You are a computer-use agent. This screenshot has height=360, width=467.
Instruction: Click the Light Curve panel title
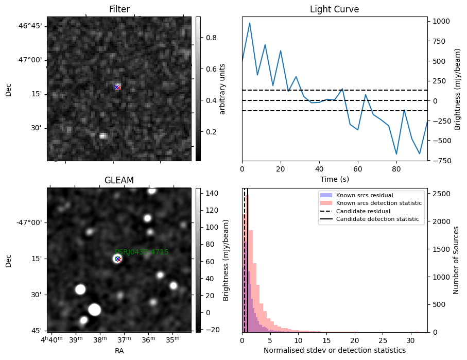tap(334, 9)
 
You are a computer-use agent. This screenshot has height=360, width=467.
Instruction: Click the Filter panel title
tap(119, 9)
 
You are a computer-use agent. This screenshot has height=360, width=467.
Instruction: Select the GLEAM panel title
tap(119, 180)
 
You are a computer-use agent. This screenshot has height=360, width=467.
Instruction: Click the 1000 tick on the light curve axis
tap(441, 21)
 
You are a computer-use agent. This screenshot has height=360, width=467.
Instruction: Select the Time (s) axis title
tap(334, 178)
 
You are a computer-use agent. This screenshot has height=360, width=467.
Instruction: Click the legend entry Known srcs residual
tap(364, 195)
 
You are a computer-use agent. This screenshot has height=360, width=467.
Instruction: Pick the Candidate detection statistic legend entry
tap(377, 219)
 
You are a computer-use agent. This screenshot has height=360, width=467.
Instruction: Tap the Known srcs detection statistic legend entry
tap(378, 203)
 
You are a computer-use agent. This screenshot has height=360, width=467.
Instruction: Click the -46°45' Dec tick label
tap(32, 26)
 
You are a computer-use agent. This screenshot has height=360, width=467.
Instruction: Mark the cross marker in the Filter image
tap(117, 87)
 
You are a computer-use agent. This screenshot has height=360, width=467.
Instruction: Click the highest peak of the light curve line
tap(250, 23)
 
